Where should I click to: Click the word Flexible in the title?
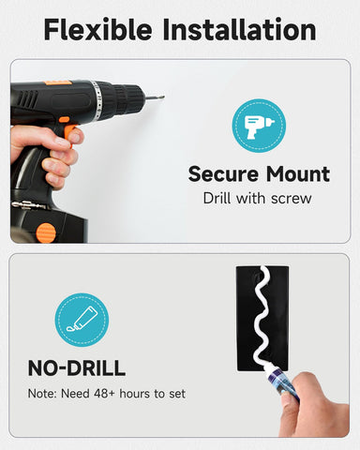click(97, 29)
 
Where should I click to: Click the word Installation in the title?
click(239, 29)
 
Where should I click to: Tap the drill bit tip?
click(163, 97)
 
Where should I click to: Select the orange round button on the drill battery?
click(46, 232)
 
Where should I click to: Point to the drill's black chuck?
click(127, 98)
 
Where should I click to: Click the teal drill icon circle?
click(259, 126)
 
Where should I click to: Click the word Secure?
click(223, 174)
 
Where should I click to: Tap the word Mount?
click(298, 174)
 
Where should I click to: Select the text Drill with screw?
click(258, 198)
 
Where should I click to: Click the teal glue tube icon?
click(82, 320)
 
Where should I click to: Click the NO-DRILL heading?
click(77, 368)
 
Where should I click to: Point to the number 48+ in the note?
click(104, 394)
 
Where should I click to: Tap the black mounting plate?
click(262, 319)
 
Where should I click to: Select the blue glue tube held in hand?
click(283, 385)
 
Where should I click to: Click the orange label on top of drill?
click(57, 83)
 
